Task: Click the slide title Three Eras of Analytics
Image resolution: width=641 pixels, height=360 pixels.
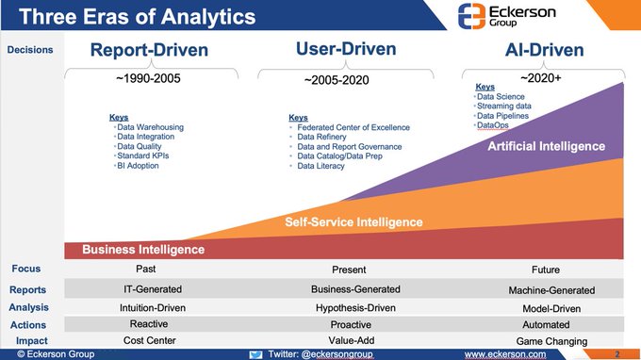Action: click(x=137, y=16)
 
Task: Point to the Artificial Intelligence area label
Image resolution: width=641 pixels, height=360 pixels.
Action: click(x=546, y=146)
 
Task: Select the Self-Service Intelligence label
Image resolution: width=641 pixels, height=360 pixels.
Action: click(x=354, y=222)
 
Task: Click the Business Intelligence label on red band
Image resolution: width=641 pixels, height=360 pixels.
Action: click(x=143, y=250)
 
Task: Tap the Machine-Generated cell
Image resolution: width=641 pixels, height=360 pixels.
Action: click(x=551, y=290)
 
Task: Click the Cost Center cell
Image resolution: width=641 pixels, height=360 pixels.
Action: click(x=152, y=340)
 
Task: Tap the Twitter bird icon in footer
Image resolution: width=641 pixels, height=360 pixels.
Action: click(x=255, y=353)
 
